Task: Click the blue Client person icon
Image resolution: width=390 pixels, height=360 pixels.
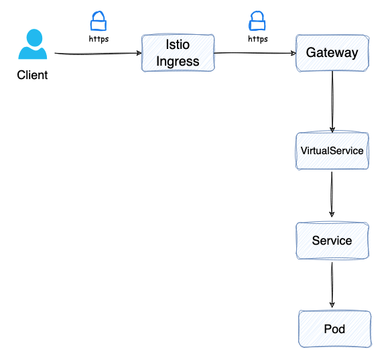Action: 33,44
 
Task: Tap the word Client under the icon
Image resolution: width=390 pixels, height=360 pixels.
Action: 32,75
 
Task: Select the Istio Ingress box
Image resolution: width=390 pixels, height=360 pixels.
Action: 178,53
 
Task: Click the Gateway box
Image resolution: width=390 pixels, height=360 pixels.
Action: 332,53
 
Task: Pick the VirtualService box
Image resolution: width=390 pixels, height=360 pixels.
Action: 332,151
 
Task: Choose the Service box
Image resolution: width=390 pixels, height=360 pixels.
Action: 332,241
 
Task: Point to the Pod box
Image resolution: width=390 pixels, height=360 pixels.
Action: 335,328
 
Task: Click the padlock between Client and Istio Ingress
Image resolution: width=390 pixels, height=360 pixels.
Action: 99,21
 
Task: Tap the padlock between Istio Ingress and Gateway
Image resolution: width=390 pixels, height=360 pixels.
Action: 257,21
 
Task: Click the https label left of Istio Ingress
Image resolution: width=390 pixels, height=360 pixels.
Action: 99,39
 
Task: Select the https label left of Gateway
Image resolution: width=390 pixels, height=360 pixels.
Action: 258,39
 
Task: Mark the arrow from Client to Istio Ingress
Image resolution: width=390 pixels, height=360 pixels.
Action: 98,53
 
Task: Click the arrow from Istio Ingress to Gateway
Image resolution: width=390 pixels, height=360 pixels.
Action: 255,53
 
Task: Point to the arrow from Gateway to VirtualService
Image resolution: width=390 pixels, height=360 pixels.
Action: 332,102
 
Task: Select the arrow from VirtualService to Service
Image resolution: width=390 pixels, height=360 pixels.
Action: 332,194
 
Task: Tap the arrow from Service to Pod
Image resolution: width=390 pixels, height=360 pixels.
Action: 332,285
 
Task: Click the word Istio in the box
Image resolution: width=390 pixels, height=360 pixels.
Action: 178,44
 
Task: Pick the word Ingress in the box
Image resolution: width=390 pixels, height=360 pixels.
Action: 178,62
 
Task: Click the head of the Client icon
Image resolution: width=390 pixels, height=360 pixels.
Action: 34,38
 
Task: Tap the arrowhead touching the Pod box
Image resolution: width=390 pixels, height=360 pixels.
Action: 332,305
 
